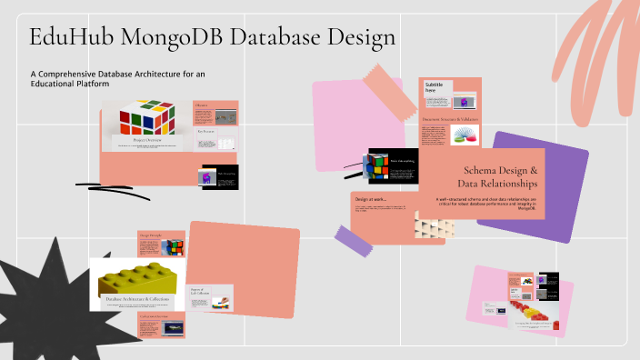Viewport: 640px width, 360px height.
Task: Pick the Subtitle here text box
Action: click(434, 87)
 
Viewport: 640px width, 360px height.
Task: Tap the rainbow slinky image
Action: click(465, 135)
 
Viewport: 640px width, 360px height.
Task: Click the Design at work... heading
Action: click(372, 199)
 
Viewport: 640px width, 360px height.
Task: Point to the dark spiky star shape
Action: click(45, 309)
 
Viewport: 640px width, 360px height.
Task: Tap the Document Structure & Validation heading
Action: click(450, 119)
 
